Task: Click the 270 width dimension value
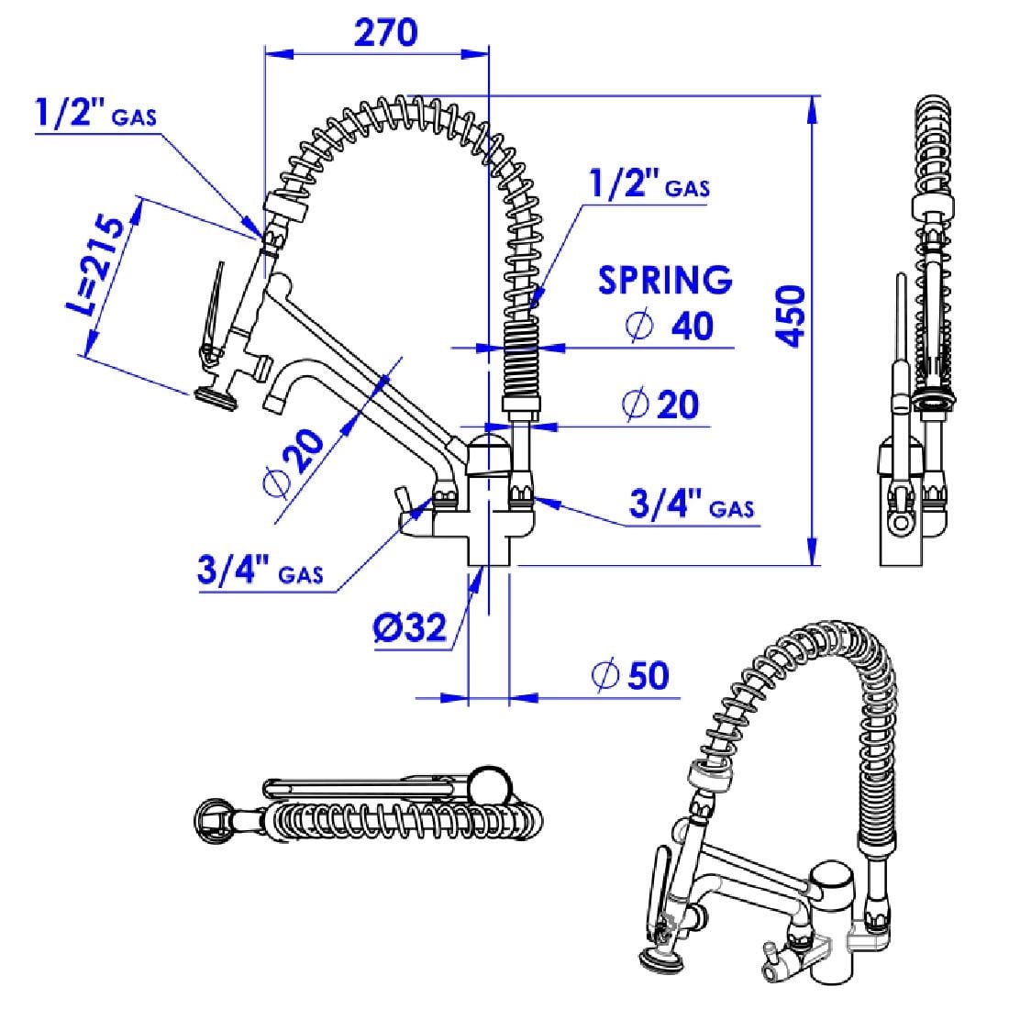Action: click(386, 33)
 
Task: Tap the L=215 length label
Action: click(96, 266)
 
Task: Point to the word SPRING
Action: click(665, 281)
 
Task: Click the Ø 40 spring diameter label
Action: click(670, 326)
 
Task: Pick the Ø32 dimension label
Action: click(410, 627)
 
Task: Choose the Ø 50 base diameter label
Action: click(631, 675)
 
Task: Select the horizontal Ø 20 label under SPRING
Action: click(660, 405)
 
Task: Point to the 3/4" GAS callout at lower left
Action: click(260, 570)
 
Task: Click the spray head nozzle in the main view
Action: click(215, 397)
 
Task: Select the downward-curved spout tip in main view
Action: click(274, 404)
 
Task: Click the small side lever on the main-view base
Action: click(402, 502)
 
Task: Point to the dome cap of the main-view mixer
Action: click(489, 444)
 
